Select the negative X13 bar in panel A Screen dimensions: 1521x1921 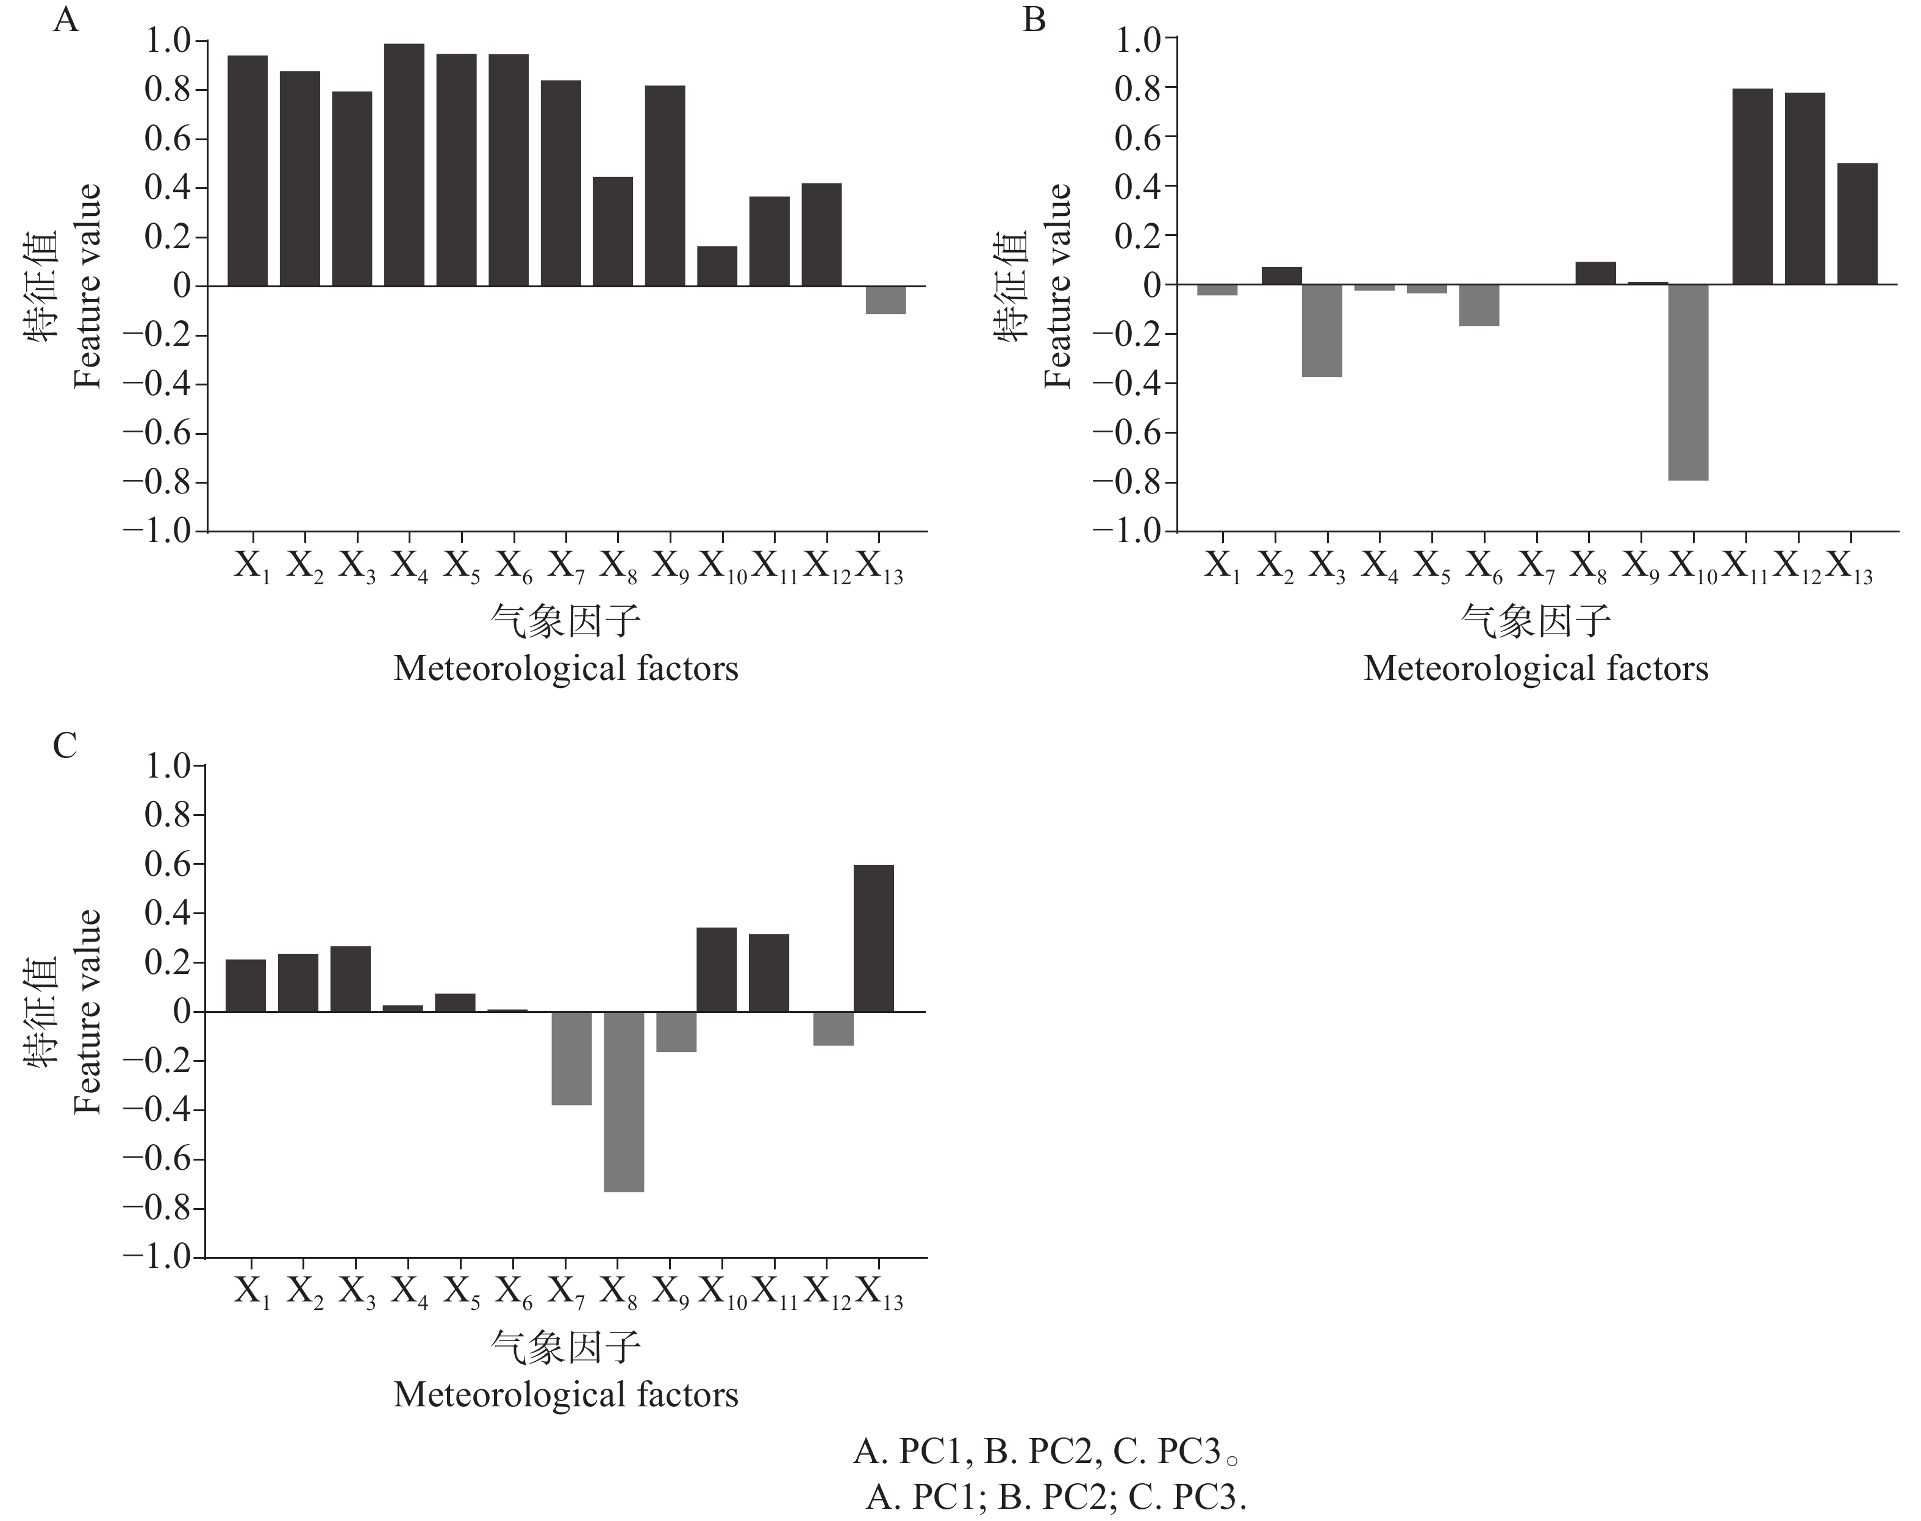(885, 300)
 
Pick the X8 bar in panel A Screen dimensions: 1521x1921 (613, 232)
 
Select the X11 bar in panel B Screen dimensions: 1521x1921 (1753, 187)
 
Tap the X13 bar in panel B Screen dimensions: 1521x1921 (1857, 224)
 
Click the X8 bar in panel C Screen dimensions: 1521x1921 (623, 1101)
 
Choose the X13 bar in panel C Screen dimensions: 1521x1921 (874, 938)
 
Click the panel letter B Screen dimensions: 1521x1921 (1034, 20)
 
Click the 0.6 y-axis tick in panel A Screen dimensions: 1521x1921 (168, 139)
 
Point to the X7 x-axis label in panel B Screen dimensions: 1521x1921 (1536, 567)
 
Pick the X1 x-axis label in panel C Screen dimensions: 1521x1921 (252, 1292)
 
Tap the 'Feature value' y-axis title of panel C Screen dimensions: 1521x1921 (87, 1012)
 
